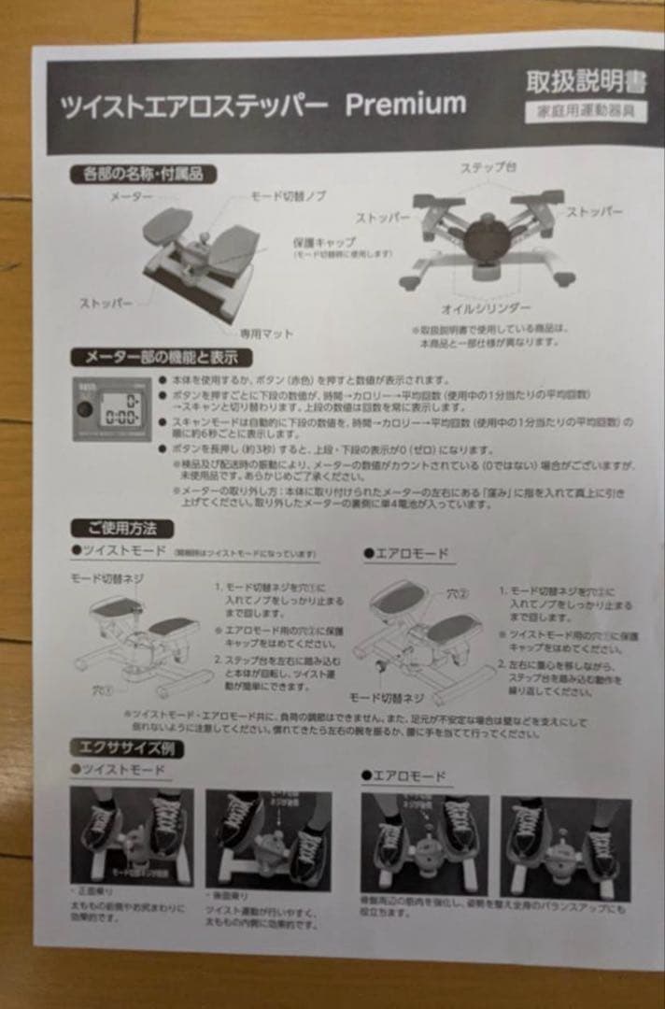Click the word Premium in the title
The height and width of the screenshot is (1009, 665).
pyautogui.click(x=404, y=105)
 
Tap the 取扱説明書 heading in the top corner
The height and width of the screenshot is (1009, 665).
pyautogui.click(x=586, y=82)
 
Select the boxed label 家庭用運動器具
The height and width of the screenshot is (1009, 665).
pyautogui.click(x=586, y=110)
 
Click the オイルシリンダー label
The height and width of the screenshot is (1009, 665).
pyautogui.click(x=486, y=307)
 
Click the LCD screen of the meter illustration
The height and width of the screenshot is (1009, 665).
pyautogui.click(x=119, y=407)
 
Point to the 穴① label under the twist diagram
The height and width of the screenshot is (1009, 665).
pyautogui.click(x=102, y=691)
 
